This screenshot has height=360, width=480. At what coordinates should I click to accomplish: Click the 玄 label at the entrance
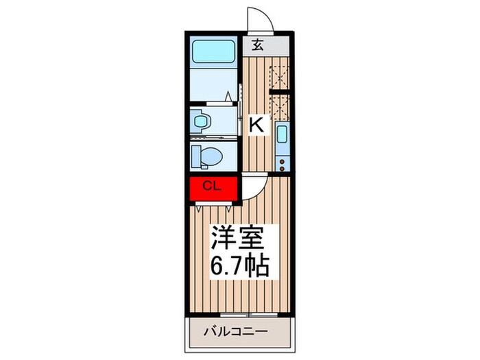click(x=258, y=46)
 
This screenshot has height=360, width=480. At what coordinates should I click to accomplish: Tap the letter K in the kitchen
click(x=256, y=125)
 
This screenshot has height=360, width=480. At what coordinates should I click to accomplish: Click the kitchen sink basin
click(x=280, y=135)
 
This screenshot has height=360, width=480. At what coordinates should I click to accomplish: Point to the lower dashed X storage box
click(x=279, y=106)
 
